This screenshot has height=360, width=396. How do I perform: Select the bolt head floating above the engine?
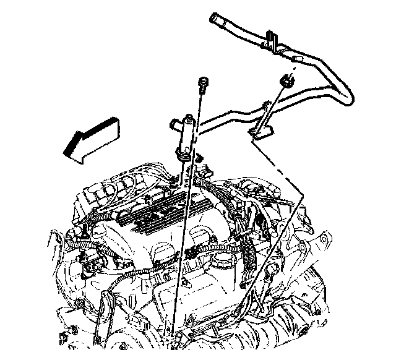click(x=202, y=83)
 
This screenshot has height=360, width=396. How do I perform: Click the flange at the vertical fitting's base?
click(x=184, y=155)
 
